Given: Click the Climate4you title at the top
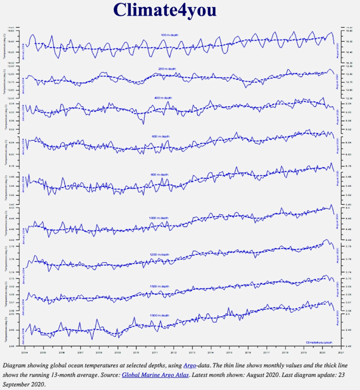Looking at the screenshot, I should pos(165,10).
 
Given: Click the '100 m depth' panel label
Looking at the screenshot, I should pos(169,35).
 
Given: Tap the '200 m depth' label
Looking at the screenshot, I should pos(167,69).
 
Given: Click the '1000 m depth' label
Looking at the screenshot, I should pos(158,217).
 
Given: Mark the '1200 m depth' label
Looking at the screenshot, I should pos(159,254).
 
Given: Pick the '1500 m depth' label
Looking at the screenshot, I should pos(159,286).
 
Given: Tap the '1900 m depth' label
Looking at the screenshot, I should pos(159,315).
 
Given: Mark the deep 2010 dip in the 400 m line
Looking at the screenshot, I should pos(143,122).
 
